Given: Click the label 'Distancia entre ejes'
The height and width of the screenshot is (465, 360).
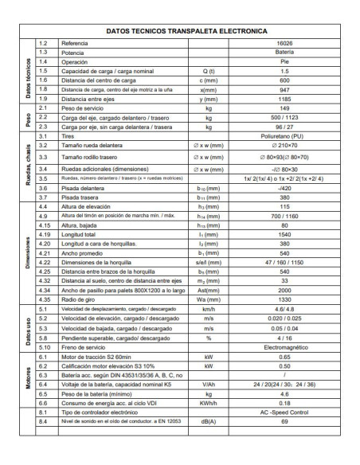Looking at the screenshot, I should (92, 99).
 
